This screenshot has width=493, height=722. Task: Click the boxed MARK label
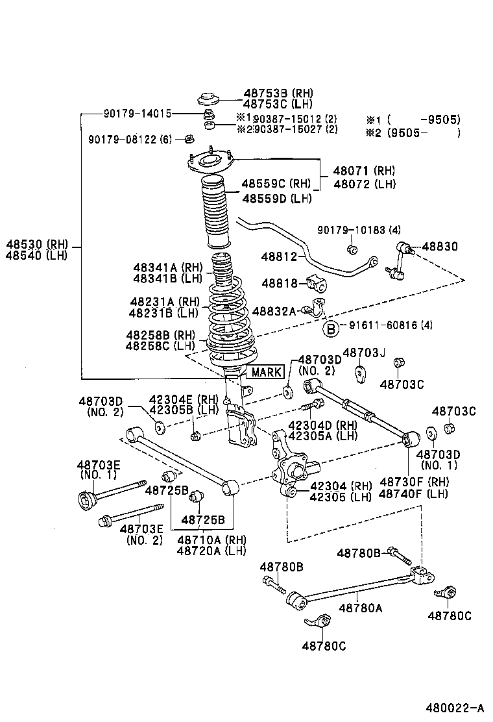pyautogui.click(x=267, y=372)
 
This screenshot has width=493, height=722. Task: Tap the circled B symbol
pyautogui.click(x=331, y=328)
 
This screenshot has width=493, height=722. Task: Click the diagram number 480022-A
pyautogui.click(x=455, y=707)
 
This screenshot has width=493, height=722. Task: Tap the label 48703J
pyautogui.click(x=364, y=353)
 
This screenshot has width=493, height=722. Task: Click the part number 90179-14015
pyautogui.click(x=137, y=113)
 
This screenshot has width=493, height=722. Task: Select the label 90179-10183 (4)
pyautogui.click(x=359, y=230)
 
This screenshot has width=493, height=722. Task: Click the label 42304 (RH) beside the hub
pyautogui.click(x=341, y=486)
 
